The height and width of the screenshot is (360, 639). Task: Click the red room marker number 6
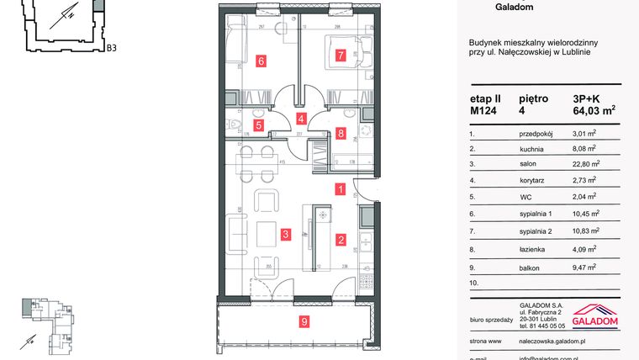(261, 61)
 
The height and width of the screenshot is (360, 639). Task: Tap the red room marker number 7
(340, 56)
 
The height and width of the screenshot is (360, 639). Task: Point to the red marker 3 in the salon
(286, 234)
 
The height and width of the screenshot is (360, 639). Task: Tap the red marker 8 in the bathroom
(340, 132)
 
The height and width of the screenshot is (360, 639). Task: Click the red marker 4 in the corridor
(301, 119)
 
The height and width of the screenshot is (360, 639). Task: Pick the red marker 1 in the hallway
(340, 190)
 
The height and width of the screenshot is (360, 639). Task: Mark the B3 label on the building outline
(111, 48)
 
